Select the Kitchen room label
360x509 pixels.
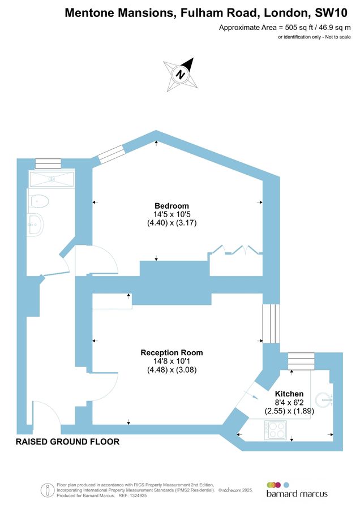(x=289, y=394)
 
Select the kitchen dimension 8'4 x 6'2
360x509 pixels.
(x=289, y=403)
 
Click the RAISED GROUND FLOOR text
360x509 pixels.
(x=67, y=442)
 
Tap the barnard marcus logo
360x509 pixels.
(x=297, y=489)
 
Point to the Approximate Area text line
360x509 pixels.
(x=285, y=27)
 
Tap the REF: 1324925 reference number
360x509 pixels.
(x=132, y=495)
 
